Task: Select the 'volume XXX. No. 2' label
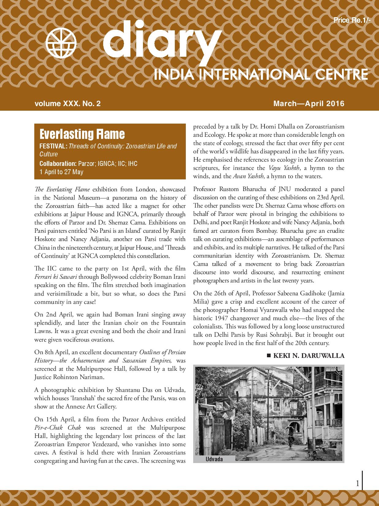click(67, 104)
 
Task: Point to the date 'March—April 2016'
click(309, 104)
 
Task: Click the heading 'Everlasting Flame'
click(82, 134)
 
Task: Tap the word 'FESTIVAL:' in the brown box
click(53, 146)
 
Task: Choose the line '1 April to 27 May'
click(61, 172)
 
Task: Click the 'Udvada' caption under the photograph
click(214, 459)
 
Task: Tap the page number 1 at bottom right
click(357, 484)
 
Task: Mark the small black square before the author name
click(269, 355)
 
